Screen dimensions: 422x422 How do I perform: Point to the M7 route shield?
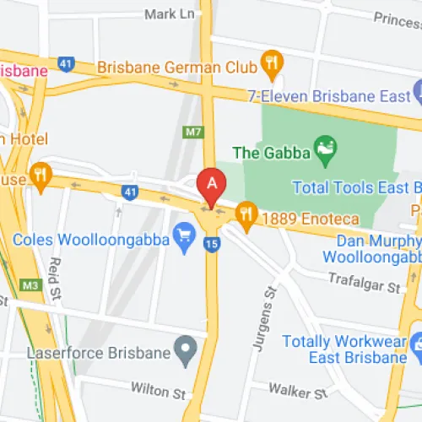[x=193, y=132]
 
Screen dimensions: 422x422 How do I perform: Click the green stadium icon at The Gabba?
[x=323, y=153]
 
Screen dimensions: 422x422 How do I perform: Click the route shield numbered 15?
[x=212, y=245]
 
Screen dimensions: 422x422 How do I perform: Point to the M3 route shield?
[x=30, y=285]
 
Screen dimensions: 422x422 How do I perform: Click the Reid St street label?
[x=56, y=275]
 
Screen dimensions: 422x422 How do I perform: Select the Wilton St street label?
[x=158, y=390]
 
